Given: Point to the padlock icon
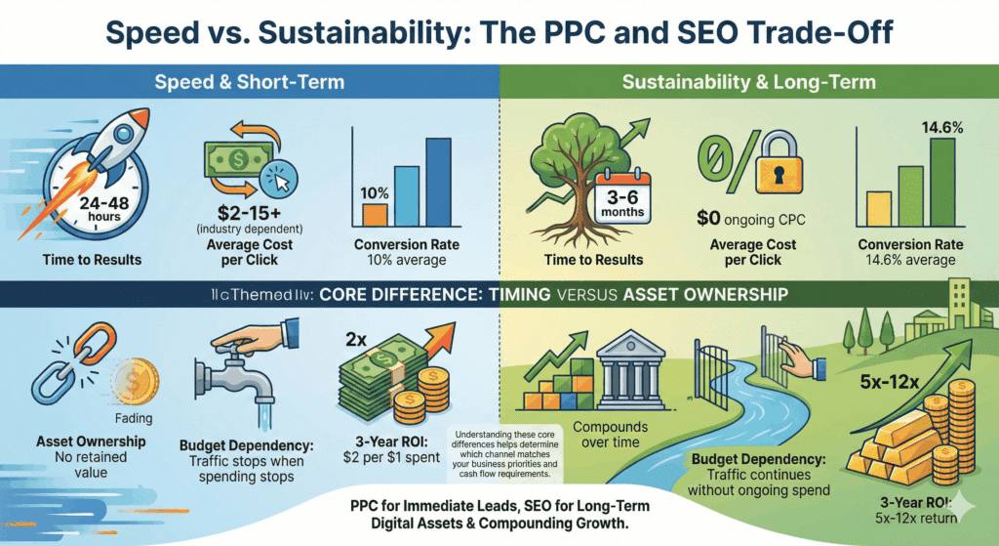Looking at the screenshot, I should [x=755, y=163].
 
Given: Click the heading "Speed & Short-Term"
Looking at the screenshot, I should [x=249, y=82].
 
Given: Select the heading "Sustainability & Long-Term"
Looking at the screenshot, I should [x=748, y=82].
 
